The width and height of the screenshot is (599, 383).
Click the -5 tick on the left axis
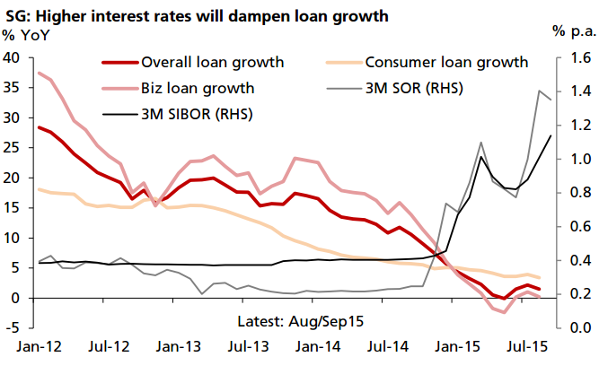[14, 328]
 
